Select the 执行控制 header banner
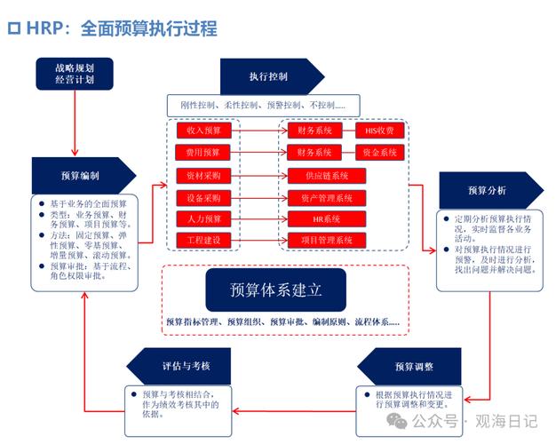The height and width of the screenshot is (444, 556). point(266,76)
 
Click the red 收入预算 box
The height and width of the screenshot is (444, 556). point(203,131)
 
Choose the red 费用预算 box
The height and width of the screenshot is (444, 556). point(203,153)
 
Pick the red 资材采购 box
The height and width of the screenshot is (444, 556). point(203,175)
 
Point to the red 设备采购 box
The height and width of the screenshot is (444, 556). point(203,197)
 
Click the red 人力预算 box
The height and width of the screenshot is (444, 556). point(203,218)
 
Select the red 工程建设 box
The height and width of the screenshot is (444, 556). point(203,241)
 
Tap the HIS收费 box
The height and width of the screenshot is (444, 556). point(379,131)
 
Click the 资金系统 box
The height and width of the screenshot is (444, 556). point(379,153)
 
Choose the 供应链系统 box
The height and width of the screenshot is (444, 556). point(325,175)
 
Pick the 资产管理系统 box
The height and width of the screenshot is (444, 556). point(325,197)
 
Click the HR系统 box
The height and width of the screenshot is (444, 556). point(325,218)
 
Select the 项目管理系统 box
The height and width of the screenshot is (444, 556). point(325,241)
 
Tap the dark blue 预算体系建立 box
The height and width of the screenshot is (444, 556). point(275,290)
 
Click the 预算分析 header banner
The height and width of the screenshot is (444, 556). point(488,190)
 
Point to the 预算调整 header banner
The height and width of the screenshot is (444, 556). point(413,367)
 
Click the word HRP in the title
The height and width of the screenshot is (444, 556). point(48,28)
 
